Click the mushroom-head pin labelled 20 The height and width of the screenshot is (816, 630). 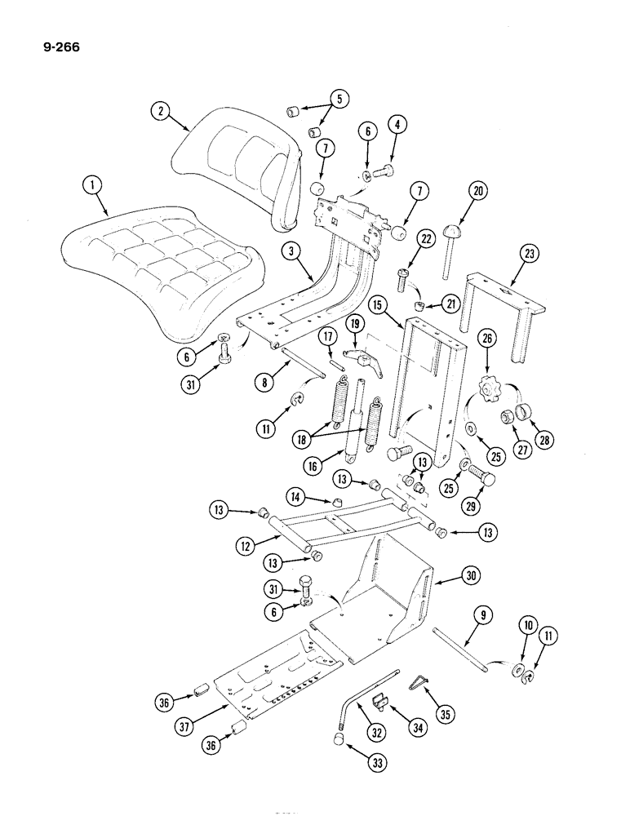point(450,241)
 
